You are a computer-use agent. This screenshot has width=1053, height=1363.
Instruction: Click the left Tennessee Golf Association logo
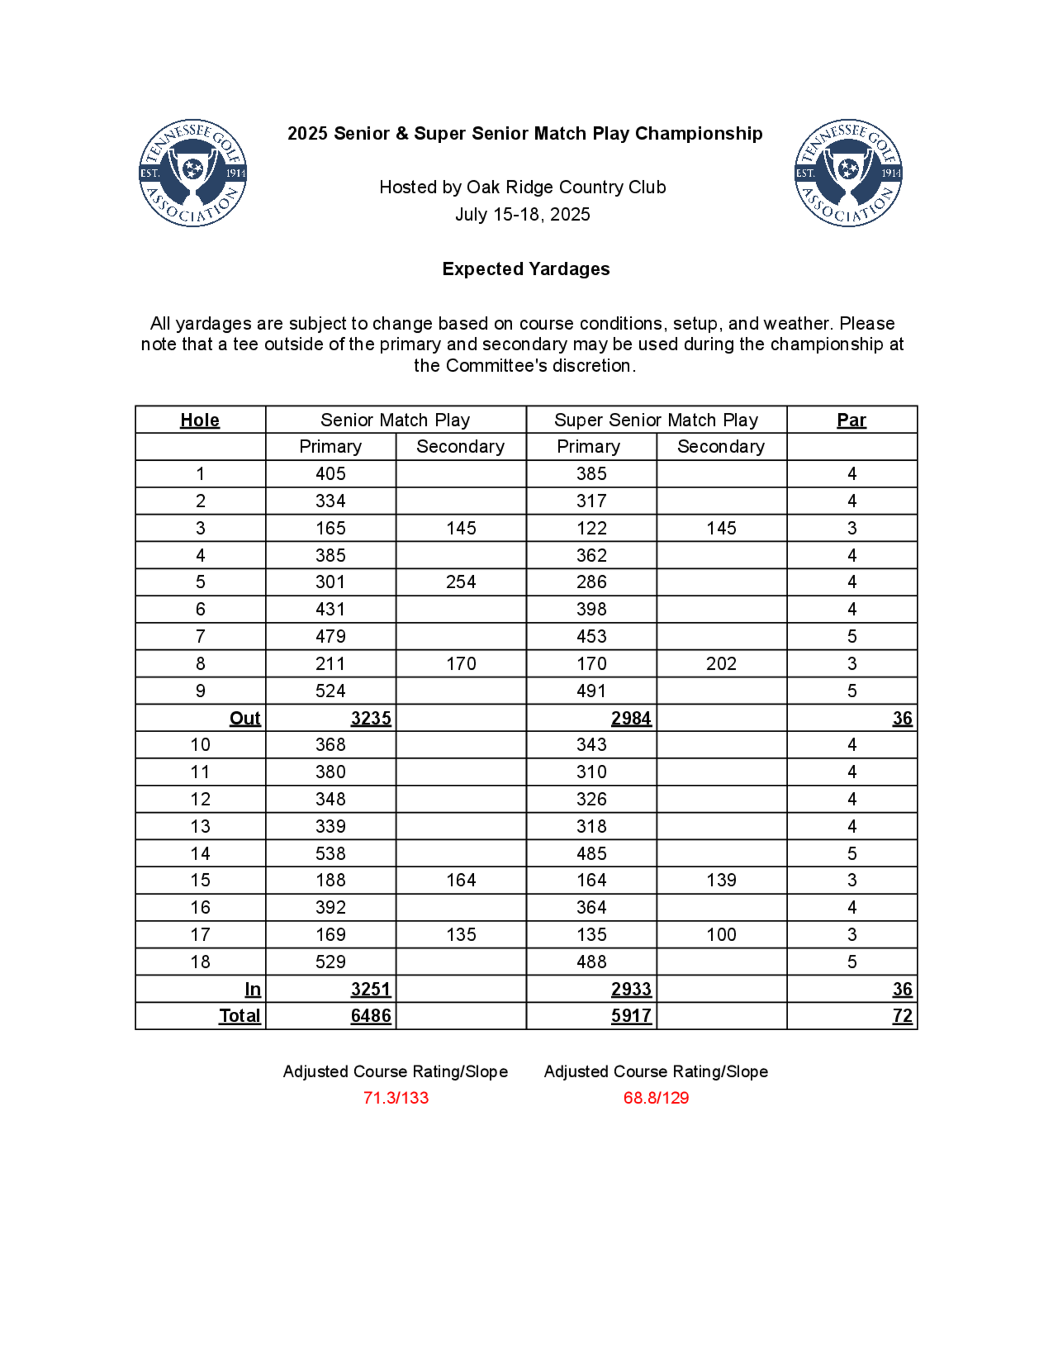coord(192,173)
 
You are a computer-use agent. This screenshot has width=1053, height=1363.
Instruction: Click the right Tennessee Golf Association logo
coord(848,173)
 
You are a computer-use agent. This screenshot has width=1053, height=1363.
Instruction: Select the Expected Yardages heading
coord(526,269)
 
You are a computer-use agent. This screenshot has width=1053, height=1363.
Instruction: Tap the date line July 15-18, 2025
coord(522,215)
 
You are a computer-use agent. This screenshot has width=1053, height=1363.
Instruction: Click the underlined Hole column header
coord(200,420)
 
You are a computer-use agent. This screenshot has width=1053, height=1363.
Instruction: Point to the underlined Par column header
coord(851,420)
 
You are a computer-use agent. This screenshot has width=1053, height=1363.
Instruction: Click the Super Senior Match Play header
coord(655,420)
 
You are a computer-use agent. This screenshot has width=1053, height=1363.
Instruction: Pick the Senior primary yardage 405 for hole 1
coord(330,473)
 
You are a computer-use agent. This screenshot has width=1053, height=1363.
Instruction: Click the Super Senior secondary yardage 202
coord(721,664)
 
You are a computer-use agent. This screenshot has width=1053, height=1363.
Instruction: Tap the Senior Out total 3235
coord(371,718)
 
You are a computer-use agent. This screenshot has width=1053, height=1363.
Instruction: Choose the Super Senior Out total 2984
coord(631,718)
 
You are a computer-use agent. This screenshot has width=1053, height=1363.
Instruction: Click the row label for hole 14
coord(200,853)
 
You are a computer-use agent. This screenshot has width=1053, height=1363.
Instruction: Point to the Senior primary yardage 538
coord(330,853)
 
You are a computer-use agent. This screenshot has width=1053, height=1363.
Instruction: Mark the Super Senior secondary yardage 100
coord(721,934)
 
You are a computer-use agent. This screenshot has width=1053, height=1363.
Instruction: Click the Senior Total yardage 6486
coord(371,1016)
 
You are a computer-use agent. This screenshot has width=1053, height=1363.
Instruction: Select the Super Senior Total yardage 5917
coord(631,1016)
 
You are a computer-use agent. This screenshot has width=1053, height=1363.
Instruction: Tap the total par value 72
coord(902,1016)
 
